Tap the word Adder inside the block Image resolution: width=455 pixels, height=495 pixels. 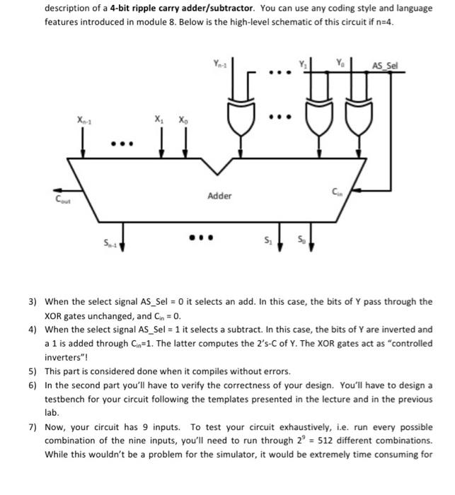[219, 195]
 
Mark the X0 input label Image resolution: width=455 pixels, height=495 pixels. [184, 119]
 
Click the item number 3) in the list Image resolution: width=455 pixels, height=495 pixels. [33, 301]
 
